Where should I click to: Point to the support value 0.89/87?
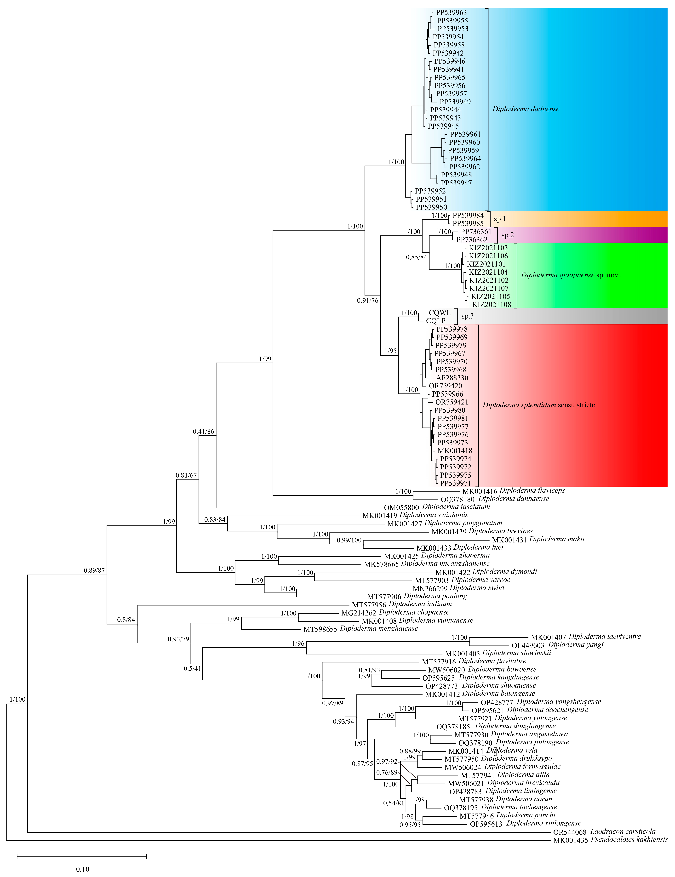coord(94,570)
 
